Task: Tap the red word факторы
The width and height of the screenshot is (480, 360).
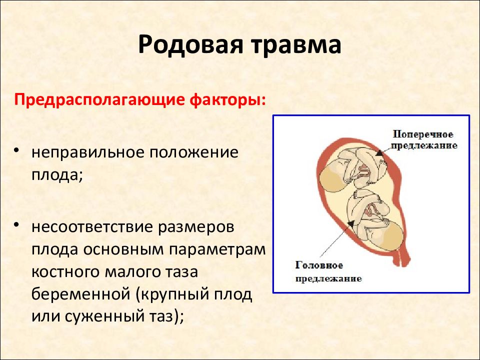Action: pyautogui.click(x=228, y=100)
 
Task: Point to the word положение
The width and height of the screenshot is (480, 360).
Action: pyautogui.click(x=194, y=153)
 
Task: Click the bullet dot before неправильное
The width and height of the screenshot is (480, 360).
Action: pyautogui.click(x=17, y=150)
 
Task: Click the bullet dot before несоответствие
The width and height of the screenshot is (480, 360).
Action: pyautogui.click(x=17, y=225)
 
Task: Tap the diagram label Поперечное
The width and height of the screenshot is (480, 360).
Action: pyautogui.click(x=423, y=134)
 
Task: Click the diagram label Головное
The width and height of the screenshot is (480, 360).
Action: pyautogui.click(x=319, y=265)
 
